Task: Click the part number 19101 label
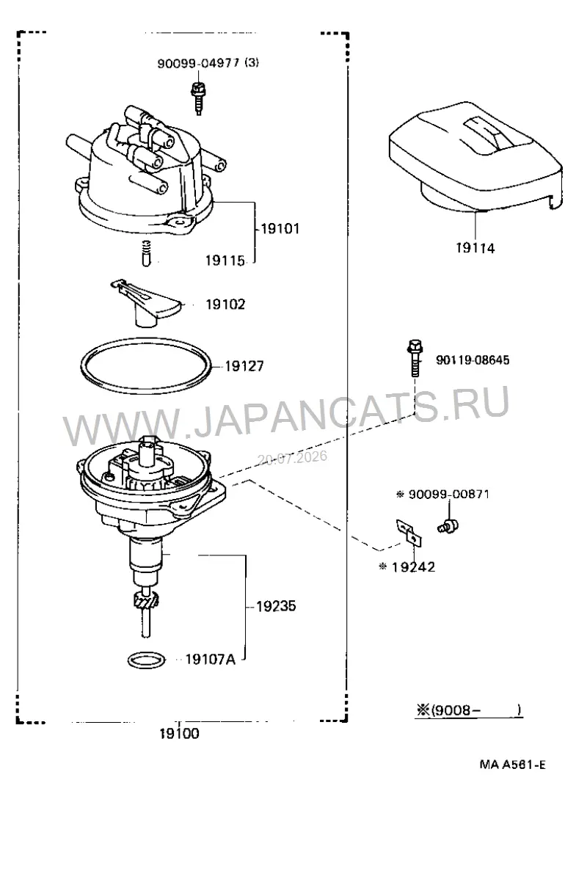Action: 280,228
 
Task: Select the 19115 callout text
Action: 225,260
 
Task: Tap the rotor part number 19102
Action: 225,305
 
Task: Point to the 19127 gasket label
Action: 244,366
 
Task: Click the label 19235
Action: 276,606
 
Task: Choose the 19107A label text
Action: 211,660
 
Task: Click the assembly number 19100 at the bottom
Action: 179,734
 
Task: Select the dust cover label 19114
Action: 475,248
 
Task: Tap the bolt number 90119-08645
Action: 473,360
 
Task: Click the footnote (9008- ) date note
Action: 469,710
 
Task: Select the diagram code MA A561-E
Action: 513,765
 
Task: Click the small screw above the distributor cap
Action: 197,97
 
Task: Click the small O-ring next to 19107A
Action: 147,660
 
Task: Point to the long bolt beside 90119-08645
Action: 414,358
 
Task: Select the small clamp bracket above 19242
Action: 409,531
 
